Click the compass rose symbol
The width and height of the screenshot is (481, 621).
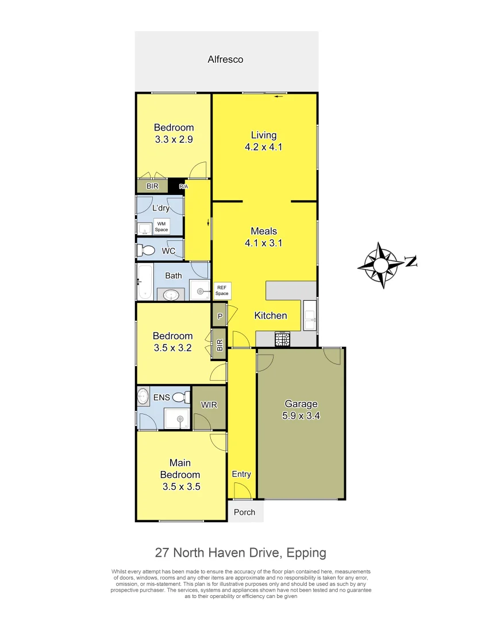click(381, 265)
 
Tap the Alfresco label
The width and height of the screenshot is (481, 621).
click(225, 59)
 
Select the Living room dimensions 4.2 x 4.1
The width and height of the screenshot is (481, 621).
click(264, 147)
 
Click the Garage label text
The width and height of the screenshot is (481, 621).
click(301, 404)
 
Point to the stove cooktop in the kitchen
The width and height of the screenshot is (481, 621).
click(282, 339)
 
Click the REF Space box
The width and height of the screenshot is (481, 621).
click(222, 290)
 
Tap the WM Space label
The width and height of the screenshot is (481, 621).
click(161, 227)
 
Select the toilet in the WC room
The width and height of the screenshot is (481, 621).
click(146, 250)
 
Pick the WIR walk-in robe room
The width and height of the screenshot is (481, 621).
click(209, 405)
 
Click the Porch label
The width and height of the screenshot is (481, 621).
click(245, 512)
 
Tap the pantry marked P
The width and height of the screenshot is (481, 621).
click(220, 315)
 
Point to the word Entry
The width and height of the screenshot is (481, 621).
click(241, 474)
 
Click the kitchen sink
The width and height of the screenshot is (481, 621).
click(310, 315)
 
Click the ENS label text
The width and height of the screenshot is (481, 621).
click(161, 397)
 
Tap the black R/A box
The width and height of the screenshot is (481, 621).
click(180, 186)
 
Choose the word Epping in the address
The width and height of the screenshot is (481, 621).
click(306, 553)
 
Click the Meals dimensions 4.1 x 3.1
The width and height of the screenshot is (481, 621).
click(264, 243)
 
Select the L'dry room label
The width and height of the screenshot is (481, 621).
click(160, 208)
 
